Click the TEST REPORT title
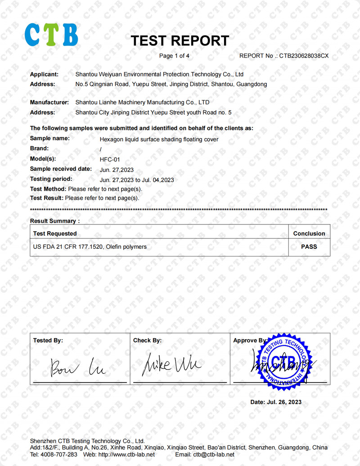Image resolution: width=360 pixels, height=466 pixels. (x=180, y=41)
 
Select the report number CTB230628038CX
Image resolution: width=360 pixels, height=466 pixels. (x=304, y=56)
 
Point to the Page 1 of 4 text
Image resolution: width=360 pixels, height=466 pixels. (x=175, y=56)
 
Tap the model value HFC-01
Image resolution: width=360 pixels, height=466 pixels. (x=110, y=160)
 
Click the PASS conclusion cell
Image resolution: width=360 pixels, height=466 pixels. (x=309, y=246)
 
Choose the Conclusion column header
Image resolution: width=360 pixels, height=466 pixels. (x=309, y=233)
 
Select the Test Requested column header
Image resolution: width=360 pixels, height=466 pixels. (x=55, y=233)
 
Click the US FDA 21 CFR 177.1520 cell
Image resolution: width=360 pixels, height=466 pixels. (x=90, y=246)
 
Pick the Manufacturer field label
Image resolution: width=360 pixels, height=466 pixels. (x=49, y=103)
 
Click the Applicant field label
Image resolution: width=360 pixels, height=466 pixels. (x=44, y=74)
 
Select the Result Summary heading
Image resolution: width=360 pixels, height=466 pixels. (x=54, y=221)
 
